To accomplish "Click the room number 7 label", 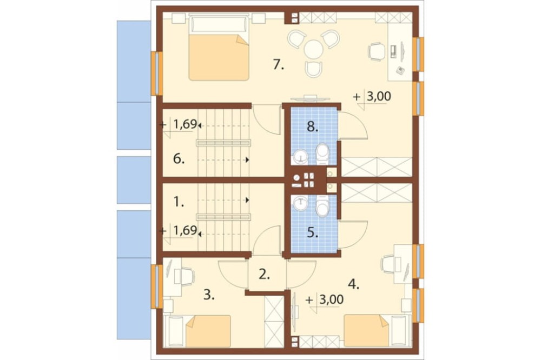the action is (278, 64).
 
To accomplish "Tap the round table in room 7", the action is (314, 49).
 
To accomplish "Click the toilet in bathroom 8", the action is (322, 154).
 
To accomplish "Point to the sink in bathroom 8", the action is (301, 158).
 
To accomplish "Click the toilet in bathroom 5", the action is (322, 206).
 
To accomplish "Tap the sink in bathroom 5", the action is (301, 203).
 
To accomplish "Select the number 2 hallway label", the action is (264, 275).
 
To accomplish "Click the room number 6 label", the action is (179, 159).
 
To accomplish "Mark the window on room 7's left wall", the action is (157, 74).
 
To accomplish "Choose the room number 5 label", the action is (313, 233).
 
